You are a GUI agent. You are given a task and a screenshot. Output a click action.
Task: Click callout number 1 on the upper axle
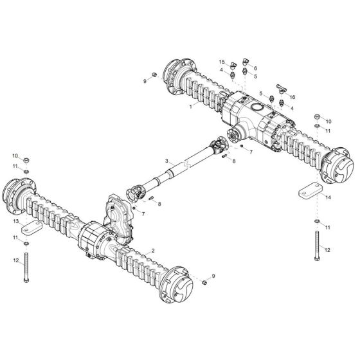click(x=191, y=106)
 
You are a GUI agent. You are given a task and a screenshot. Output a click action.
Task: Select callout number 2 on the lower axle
click(x=152, y=249)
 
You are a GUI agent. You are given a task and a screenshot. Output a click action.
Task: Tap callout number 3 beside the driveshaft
click(x=166, y=160)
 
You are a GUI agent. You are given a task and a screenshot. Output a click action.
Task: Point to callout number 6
click(x=255, y=67)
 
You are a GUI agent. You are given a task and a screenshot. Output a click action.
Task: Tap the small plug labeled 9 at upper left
click(x=154, y=80)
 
